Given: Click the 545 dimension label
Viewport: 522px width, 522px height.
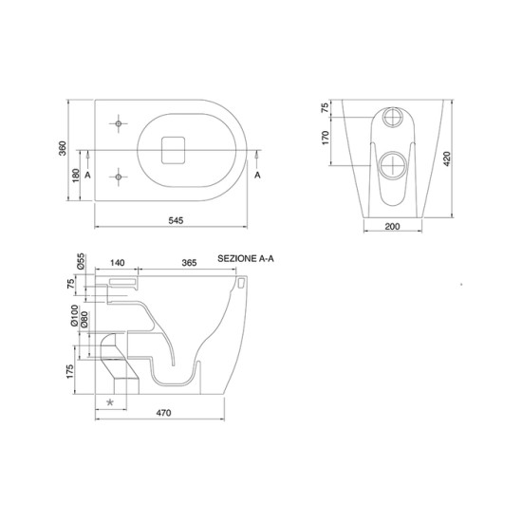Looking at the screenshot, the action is pyautogui.click(x=176, y=220).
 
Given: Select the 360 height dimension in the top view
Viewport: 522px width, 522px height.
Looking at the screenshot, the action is pyautogui.click(x=63, y=148).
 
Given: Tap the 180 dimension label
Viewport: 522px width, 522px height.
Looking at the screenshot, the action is pyautogui.click(x=76, y=176).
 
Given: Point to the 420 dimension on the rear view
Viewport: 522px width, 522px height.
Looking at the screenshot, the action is pyautogui.click(x=447, y=158).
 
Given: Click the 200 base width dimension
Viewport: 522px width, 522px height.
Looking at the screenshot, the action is pyautogui.click(x=392, y=227).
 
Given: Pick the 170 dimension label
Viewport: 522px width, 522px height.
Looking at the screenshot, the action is pyautogui.click(x=326, y=138).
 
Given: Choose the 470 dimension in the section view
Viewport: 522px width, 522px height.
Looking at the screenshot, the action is pyautogui.click(x=163, y=413).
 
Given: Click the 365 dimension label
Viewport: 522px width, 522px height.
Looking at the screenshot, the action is pyautogui.click(x=189, y=263).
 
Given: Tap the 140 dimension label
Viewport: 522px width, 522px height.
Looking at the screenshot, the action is pyautogui.click(x=117, y=263).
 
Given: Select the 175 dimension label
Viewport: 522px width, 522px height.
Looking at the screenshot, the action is pyautogui.click(x=70, y=371).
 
